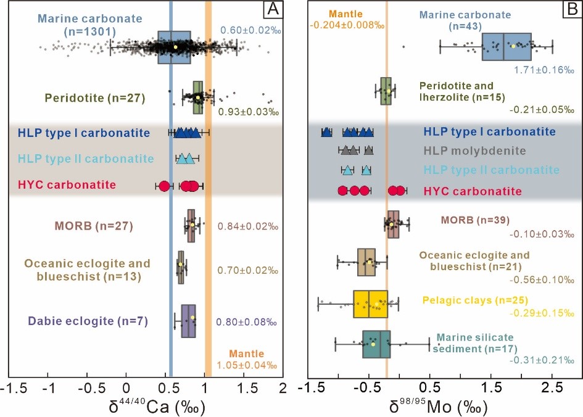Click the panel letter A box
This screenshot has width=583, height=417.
click(x=273, y=9)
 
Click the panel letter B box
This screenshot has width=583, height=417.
click(x=573, y=9)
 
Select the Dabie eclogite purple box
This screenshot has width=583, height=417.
click(x=189, y=321)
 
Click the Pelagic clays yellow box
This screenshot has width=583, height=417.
click(x=370, y=304)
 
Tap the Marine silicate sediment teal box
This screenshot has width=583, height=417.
click(x=376, y=344)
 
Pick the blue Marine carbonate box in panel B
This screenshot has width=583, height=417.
click(x=507, y=46)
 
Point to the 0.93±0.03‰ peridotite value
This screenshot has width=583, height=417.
click(x=248, y=112)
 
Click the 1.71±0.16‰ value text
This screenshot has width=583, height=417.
click(x=544, y=70)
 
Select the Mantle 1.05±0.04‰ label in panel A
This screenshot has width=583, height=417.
click(x=247, y=360)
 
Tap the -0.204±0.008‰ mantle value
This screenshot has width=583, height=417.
click(x=347, y=25)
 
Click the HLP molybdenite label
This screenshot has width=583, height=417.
click(x=475, y=151)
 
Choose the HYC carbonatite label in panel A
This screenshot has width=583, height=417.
click(x=67, y=184)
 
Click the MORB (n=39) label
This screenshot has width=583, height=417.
click(x=475, y=220)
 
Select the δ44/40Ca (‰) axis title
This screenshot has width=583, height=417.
click(x=157, y=407)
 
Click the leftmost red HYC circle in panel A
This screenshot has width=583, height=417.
click(x=164, y=186)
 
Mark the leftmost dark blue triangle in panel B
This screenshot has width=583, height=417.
click(x=326, y=132)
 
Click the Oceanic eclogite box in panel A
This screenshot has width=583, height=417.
click(x=181, y=268)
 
